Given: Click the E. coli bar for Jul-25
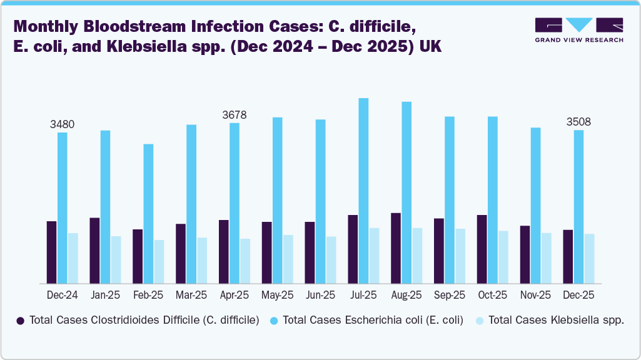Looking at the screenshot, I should click(363, 191).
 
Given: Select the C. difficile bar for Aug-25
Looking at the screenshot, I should click(396, 248).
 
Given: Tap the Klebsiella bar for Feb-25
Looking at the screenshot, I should click(159, 262).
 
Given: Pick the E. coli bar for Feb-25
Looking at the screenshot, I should click(148, 214).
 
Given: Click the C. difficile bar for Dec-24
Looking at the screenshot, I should click(51, 252).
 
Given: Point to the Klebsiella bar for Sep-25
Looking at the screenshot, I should click(460, 256).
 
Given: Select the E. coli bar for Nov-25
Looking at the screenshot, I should click(536, 206).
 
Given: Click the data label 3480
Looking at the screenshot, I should click(62, 124).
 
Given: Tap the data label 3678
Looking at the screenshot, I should click(235, 115).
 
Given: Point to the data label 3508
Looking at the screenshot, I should click(578, 121).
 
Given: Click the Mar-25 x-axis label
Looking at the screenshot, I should click(191, 295).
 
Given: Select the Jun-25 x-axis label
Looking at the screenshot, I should click(320, 295).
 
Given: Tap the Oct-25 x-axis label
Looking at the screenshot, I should click(492, 295).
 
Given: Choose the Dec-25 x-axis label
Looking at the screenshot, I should click(578, 295).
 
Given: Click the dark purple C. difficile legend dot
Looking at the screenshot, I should click(21, 321).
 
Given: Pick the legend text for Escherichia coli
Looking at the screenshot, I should click(373, 321).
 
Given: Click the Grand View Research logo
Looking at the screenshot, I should click(578, 30).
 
